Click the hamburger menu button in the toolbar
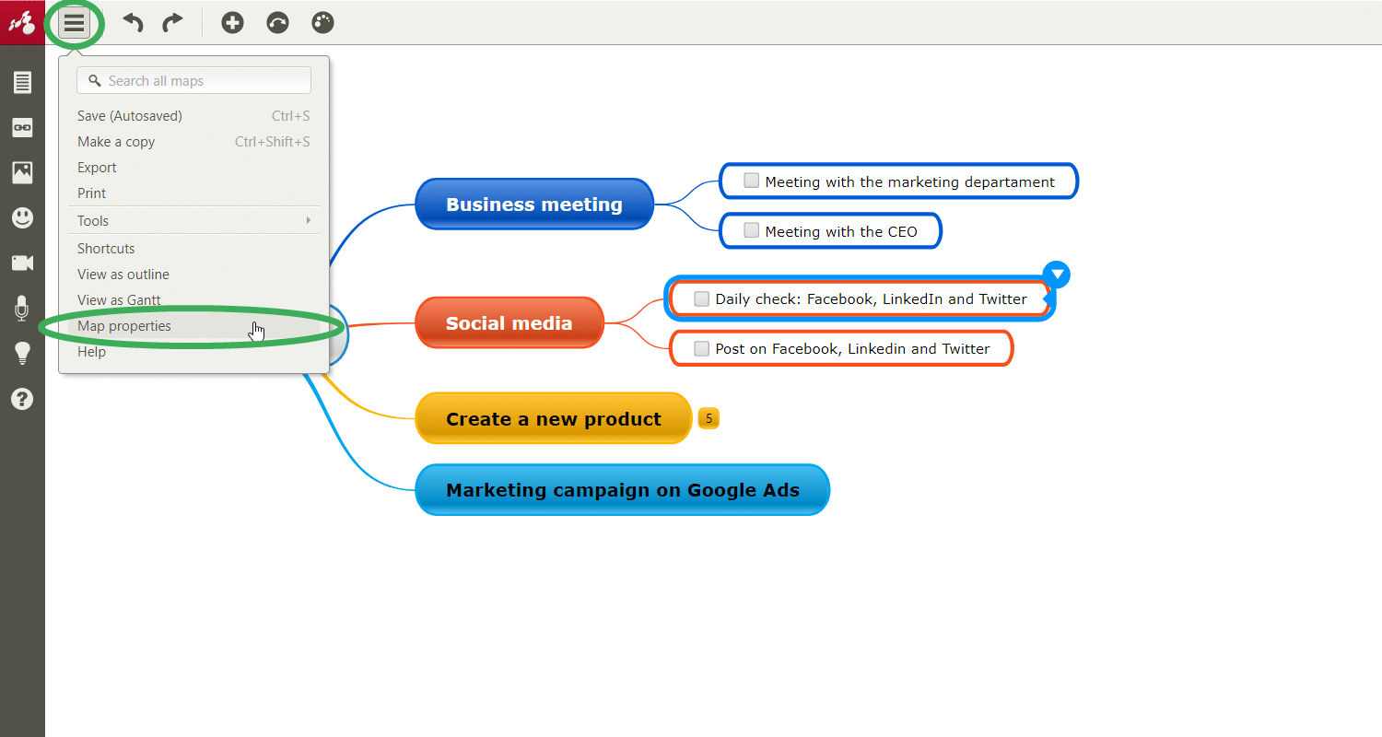tap(74, 23)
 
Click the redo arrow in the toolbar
tap(173, 23)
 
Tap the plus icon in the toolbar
tap(232, 23)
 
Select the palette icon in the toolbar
tap(322, 23)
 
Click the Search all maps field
tap(193, 81)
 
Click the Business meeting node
tap(534, 205)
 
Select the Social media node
tap(509, 323)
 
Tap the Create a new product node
tap(554, 419)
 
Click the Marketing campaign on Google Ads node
tap(623, 490)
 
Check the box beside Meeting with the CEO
tap(751, 230)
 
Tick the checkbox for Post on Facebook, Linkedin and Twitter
tap(701, 348)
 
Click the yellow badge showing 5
tap(709, 419)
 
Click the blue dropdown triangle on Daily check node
tap(1057, 275)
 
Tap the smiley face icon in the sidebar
tap(22, 217)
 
